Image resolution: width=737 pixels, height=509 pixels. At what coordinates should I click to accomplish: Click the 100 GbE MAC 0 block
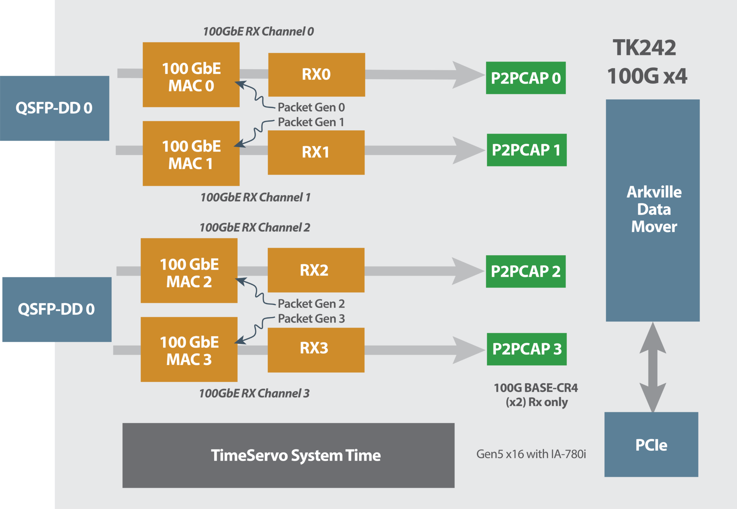[x=191, y=75]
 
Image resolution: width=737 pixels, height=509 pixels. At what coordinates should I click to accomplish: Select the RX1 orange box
[x=316, y=152]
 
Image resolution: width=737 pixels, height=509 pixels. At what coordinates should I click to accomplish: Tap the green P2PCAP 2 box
[x=525, y=271]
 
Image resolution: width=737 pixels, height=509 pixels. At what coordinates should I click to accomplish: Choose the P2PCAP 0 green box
[x=525, y=78]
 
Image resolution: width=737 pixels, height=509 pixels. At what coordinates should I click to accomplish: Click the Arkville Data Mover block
[x=652, y=210]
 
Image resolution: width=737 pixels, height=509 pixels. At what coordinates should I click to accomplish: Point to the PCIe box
[x=651, y=445]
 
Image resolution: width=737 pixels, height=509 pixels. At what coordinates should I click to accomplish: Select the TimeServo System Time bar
[x=288, y=455]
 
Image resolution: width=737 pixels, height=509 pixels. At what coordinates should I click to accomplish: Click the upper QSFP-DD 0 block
[x=54, y=108]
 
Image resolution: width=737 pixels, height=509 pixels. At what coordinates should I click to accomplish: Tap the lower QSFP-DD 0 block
[x=56, y=309]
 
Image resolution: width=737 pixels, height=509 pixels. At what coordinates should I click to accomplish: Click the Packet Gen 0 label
[x=311, y=107]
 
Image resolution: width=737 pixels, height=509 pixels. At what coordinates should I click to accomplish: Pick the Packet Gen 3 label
[x=311, y=319]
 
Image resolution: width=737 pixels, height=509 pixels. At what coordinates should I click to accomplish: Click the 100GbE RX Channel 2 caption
[x=254, y=228]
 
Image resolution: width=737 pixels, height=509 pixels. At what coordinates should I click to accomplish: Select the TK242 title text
[x=644, y=48]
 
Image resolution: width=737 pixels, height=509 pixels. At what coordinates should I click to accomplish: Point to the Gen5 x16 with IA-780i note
[x=531, y=454]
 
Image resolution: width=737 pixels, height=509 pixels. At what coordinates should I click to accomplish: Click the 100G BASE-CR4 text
[x=535, y=388]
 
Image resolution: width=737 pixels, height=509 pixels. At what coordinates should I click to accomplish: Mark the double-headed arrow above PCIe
[x=652, y=366]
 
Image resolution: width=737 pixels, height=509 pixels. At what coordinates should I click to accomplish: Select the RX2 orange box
[x=316, y=270]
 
